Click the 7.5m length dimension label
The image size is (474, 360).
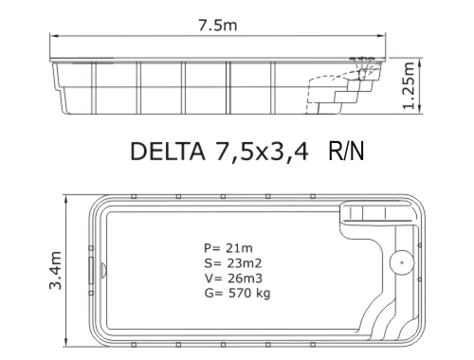pyautogui.click(x=218, y=26)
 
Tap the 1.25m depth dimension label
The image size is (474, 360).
pyautogui.click(x=409, y=85)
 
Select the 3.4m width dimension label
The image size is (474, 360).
pyautogui.click(x=55, y=270)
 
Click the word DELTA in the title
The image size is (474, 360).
pyautogui.click(x=168, y=152)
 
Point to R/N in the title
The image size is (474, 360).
pyautogui.click(x=346, y=151)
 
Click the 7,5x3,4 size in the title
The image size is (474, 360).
pyautogui.click(x=262, y=152)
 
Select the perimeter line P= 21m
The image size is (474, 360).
pyautogui.click(x=228, y=248)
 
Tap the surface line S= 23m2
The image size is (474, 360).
pyautogui.click(x=233, y=263)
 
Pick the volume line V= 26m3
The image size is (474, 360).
pyautogui.click(x=233, y=279)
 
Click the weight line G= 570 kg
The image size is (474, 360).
pyautogui.click(x=237, y=294)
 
